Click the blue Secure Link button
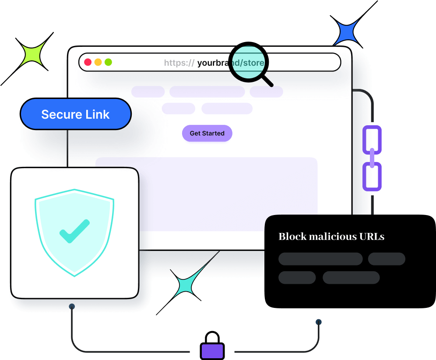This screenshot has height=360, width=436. [76, 114]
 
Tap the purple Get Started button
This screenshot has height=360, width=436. [207, 133]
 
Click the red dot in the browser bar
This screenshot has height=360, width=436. [88, 62]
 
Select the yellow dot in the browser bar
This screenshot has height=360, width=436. [98, 62]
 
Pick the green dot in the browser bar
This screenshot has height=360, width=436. [108, 62]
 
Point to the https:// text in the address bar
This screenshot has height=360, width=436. [179, 63]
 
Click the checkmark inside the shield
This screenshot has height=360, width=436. [74, 231]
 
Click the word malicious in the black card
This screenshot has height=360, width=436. [333, 237]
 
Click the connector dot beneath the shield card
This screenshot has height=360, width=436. [72, 307]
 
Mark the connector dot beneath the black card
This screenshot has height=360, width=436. [319, 322]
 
